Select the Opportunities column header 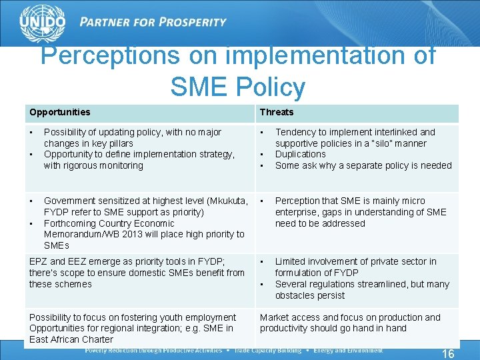pyautogui.click(x=59, y=112)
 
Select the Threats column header pyautogui.click(x=277, y=112)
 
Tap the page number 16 pyautogui.click(x=449, y=354)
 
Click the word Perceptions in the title pyautogui.click(x=110, y=56)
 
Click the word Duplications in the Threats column pyautogui.click(x=301, y=154)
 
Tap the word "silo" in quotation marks pyautogui.click(x=383, y=143)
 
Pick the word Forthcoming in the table pyautogui.click(x=71, y=223)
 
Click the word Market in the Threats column pyautogui.click(x=274, y=317)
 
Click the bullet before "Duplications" pyautogui.click(x=263, y=154)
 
